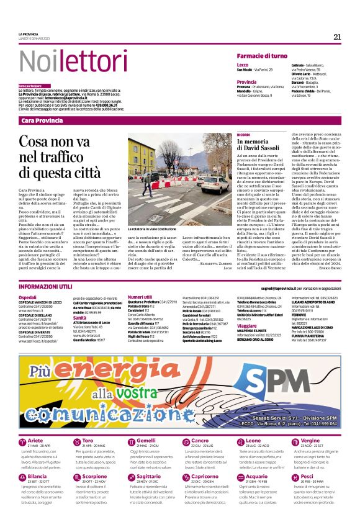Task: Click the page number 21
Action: click(337, 37)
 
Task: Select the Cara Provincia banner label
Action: click(41, 120)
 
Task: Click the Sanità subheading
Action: click(80, 317)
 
